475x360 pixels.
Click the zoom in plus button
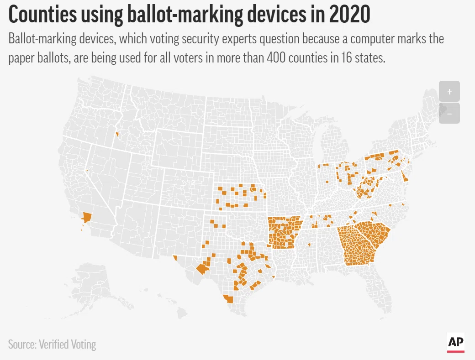coord(449,91)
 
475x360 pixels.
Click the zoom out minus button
coord(449,114)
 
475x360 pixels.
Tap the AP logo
coord(456,342)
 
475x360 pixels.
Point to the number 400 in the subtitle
coord(276,57)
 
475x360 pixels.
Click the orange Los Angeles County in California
coord(87,217)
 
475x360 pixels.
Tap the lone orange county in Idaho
coord(117,134)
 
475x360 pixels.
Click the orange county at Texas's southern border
coord(228,299)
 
